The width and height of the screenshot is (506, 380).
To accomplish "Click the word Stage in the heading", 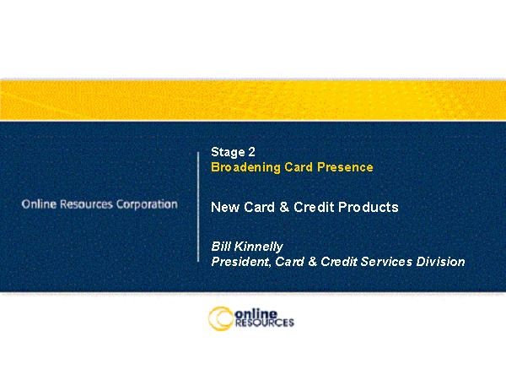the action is [x=228, y=153].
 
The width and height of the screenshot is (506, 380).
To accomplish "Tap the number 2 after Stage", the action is [x=251, y=152].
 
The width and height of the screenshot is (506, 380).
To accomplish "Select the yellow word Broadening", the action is [x=245, y=167].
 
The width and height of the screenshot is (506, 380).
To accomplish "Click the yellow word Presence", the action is [x=345, y=167].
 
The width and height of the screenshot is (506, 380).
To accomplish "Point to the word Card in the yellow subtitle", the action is [x=299, y=167].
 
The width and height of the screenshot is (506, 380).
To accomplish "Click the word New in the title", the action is [x=225, y=207].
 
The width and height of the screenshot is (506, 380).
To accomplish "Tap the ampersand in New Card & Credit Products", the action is [x=284, y=207].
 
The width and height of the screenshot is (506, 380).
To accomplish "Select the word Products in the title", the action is [x=369, y=207].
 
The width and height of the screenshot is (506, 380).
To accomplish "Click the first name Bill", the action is [x=221, y=247].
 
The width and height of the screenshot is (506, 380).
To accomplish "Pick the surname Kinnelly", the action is [x=259, y=247].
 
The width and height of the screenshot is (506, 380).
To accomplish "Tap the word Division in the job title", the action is [x=440, y=262].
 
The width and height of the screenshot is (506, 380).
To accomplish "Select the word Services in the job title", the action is [x=386, y=262].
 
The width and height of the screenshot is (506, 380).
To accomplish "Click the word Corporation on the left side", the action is [x=147, y=204].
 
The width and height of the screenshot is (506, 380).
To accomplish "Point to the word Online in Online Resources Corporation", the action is [x=39, y=204].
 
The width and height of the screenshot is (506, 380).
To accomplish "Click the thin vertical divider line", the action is [x=198, y=207].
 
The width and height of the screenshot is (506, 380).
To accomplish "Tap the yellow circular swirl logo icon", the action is [x=221, y=319].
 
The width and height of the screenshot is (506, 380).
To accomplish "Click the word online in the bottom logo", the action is [x=256, y=313].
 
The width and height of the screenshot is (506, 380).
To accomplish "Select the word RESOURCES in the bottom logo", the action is [x=265, y=323].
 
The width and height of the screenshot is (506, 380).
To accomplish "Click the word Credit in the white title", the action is [x=314, y=207].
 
